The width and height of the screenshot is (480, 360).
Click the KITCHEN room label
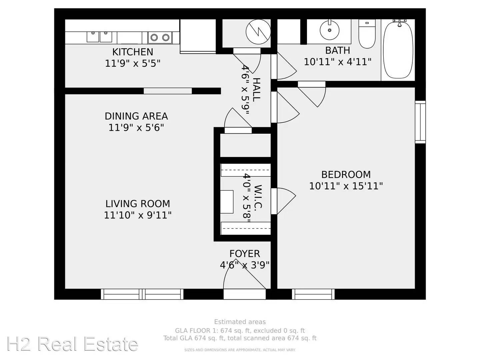(x=133, y=52)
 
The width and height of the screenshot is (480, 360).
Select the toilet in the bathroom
(x=367, y=34)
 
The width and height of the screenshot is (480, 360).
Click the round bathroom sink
(x=329, y=30)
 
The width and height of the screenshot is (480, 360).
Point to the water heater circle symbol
(x=258, y=31)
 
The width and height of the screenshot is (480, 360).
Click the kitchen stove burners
(x=160, y=38)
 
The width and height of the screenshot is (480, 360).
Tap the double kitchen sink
(x=99, y=37)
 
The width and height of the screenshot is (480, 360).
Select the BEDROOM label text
(x=346, y=175)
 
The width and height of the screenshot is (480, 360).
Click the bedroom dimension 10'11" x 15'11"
(x=346, y=186)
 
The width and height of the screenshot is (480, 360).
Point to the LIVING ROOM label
(x=138, y=204)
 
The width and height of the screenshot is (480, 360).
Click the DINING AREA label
(x=136, y=116)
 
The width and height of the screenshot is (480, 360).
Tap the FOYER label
(x=245, y=254)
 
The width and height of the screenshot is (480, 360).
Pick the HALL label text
(x=256, y=90)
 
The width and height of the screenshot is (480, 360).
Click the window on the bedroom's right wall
(x=420, y=122)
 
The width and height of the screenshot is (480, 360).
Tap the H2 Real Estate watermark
(x=72, y=344)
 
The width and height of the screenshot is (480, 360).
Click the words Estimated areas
(x=240, y=322)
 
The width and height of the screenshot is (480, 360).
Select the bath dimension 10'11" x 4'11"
(x=338, y=62)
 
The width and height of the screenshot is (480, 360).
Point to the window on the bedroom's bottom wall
(x=313, y=294)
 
